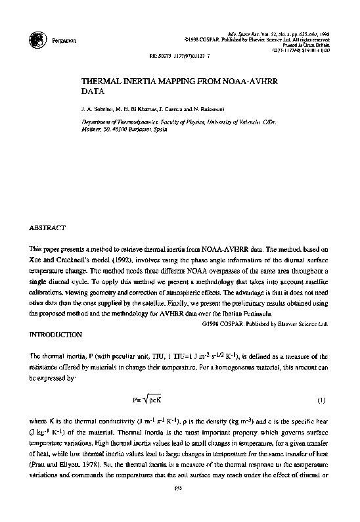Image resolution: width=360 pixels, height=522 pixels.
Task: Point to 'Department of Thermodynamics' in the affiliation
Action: pos(113,123)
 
